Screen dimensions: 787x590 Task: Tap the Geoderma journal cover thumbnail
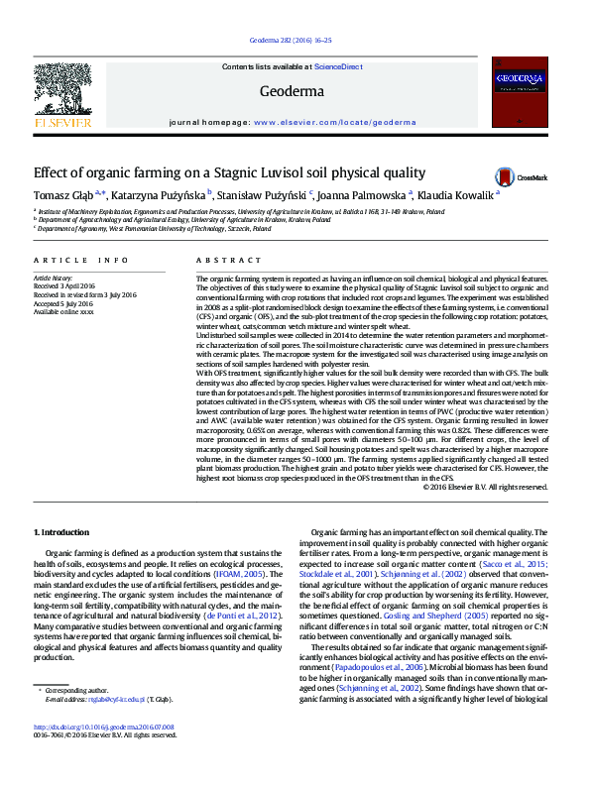pyautogui.click(x=521, y=96)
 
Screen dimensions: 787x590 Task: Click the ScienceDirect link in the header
pyautogui.click(x=337, y=66)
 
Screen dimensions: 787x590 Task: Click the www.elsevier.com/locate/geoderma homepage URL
pyautogui.click(x=335, y=122)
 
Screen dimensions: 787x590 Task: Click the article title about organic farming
pyautogui.click(x=229, y=171)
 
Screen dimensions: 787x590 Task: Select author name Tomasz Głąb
pyautogui.click(x=63, y=195)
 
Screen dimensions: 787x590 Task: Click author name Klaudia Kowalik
pyautogui.click(x=459, y=195)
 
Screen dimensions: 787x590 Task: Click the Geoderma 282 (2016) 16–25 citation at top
pyautogui.click(x=295, y=41)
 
